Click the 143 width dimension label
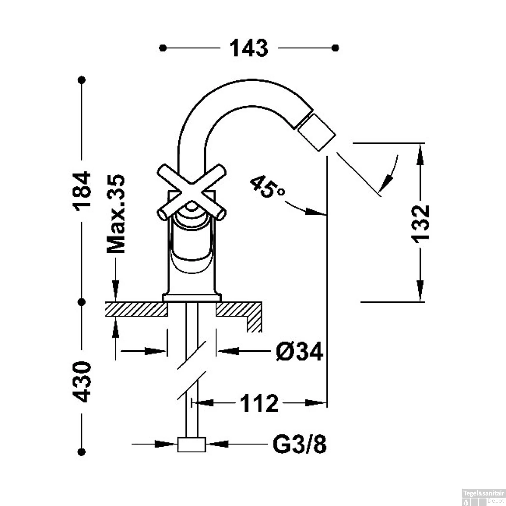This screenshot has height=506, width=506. (249, 48)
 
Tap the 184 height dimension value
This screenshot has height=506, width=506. (82, 191)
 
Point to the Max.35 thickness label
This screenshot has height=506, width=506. (116, 214)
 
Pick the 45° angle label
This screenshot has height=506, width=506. (267, 187)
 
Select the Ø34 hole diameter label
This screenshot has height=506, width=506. (299, 352)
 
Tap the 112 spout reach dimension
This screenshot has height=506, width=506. (259, 403)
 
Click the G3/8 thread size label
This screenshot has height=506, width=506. (299, 445)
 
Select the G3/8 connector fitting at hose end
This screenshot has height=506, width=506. (192, 444)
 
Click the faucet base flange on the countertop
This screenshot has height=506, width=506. (192, 298)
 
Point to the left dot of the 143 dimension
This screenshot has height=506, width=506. (163, 48)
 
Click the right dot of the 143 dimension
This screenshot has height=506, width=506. (335, 48)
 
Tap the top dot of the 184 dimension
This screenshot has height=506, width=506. (81, 80)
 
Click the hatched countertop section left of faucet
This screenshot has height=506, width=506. (136, 309)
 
